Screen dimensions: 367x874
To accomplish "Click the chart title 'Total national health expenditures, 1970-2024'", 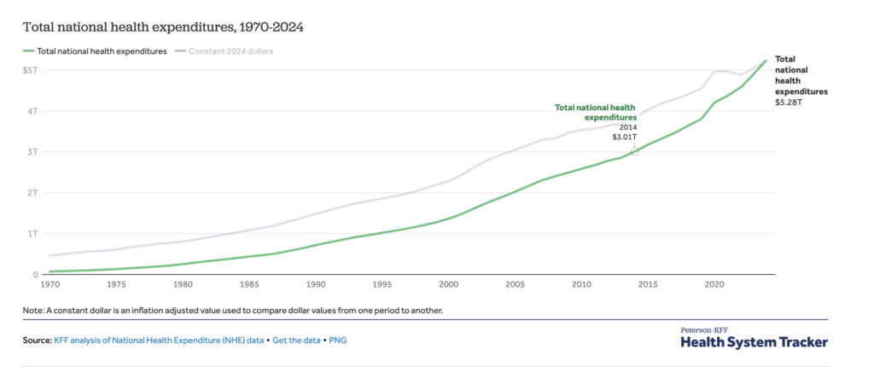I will [163, 27].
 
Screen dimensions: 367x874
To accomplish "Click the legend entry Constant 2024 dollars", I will [231, 51].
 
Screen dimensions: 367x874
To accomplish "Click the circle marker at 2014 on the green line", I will [634, 151].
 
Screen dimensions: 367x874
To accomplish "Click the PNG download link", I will [337, 341].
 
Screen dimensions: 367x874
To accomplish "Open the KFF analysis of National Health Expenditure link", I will [160, 341].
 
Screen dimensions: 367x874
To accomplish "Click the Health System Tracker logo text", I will [754, 342].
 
